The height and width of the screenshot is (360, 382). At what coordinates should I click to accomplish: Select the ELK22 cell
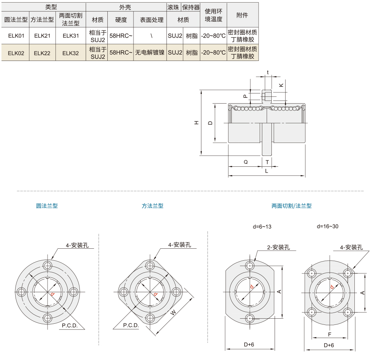[x=42, y=53]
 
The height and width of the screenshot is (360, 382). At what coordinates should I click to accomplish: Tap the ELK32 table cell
[x=70, y=53]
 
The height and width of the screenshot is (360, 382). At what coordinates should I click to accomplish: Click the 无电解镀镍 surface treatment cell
[x=150, y=53]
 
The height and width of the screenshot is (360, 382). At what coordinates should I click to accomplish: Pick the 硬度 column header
[x=120, y=20]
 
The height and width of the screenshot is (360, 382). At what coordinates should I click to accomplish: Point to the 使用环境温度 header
[x=213, y=15]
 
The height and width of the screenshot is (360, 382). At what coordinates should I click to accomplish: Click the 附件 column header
[x=242, y=15]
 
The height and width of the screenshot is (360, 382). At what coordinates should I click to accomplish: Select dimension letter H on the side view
[x=197, y=123]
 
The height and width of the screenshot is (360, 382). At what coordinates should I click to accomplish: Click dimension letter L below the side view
[x=267, y=170]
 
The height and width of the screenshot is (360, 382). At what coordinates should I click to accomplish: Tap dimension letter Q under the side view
[x=246, y=162]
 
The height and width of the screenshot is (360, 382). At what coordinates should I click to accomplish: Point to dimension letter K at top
[x=282, y=85]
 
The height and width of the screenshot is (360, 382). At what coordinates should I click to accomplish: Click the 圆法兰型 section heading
[x=47, y=206]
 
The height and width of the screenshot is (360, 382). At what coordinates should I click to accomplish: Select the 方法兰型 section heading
[x=152, y=206]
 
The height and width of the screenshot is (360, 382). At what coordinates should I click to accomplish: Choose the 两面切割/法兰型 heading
[x=291, y=206]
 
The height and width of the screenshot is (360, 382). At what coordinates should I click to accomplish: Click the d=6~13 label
[x=262, y=227]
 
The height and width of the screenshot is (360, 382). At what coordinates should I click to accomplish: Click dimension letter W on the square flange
[x=173, y=312]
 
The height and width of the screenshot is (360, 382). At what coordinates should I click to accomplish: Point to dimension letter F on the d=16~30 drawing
[x=329, y=334]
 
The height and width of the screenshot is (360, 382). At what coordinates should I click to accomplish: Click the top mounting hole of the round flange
[x=47, y=264]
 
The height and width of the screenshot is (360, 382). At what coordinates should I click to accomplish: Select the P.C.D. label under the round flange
[x=70, y=326]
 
